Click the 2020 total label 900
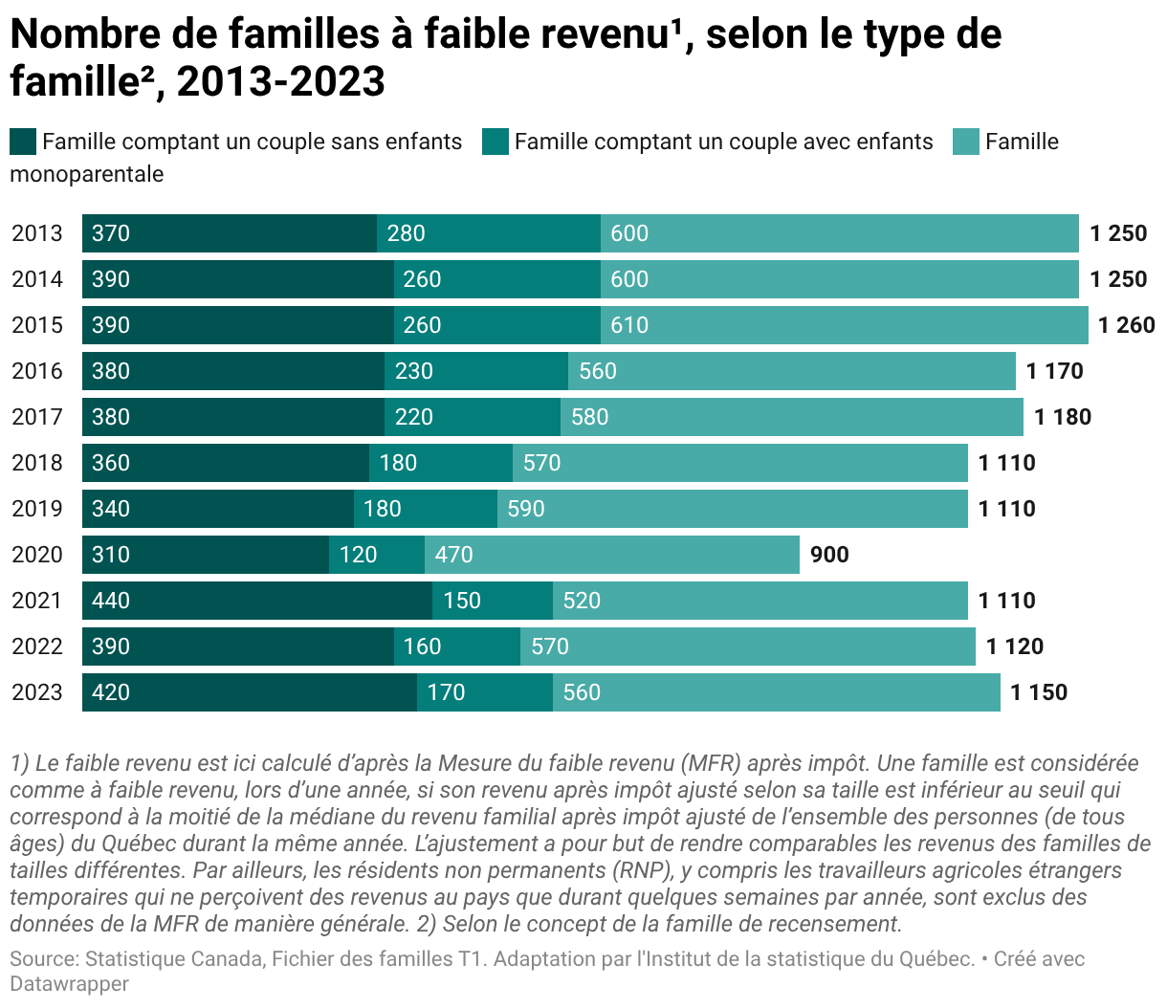[x=828, y=555]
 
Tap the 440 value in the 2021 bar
[x=111, y=601]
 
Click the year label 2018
[x=37, y=463]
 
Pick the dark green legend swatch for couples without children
[x=23, y=142]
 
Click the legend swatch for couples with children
[x=495, y=142]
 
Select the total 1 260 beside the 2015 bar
[x=1126, y=325]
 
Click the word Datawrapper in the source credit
[x=69, y=983]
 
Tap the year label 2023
[x=37, y=692]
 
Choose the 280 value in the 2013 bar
[x=406, y=233]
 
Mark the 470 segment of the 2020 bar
[x=612, y=555]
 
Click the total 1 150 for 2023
[x=1038, y=692]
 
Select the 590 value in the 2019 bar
[x=526, y=509]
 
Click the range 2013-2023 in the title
[x=281, y=82]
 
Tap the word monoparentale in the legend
[x=86, y=174]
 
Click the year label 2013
[x=37, y=233]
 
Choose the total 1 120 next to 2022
[x=1014, y=646]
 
